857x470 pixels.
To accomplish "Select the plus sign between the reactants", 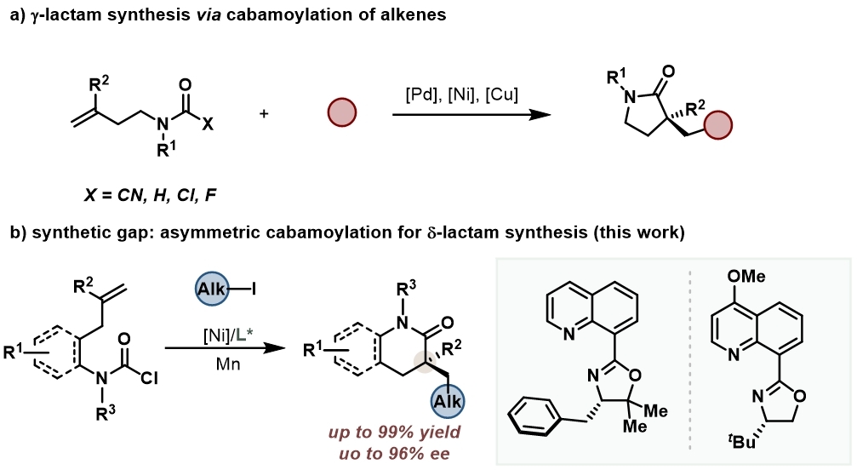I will coord(264,112).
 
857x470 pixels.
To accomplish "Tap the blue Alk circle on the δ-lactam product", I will coord(448,400).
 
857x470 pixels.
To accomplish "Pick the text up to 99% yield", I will coord(391,432).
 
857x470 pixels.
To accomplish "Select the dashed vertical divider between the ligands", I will coord(688,358).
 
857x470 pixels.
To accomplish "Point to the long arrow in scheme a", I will coord(467,112).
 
